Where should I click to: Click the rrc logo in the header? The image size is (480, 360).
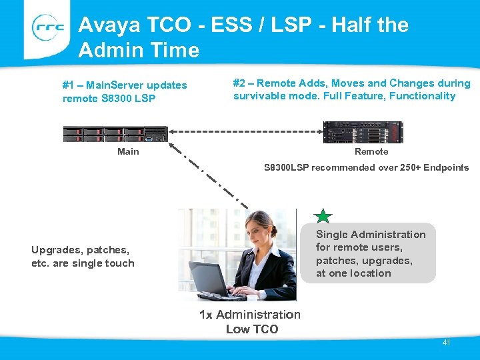pyautogui.click(x=47, y=29)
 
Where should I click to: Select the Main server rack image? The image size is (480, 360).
pyautogui.click(x=115, y=133)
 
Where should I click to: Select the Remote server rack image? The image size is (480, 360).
pyautogui.click(x=363, y=132)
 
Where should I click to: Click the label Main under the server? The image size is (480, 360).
pyautogui.click(x=128, y=151)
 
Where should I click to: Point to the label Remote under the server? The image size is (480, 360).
pyautogui.click(x=371, y=151)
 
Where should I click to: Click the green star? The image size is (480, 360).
pyautogui.click(x=323, y=215)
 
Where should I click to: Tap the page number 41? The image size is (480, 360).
pyautogui.click(x=446, y=343)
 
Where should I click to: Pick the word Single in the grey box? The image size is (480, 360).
pyautogui.click(x=332, y=234)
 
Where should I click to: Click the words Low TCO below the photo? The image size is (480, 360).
pyautogui.click(x=251, y=329)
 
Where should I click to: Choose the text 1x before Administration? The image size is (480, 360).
pyautogui.click(x=205, y=315)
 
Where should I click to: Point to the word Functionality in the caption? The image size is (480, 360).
pyautogui.click(x=422, y=96)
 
